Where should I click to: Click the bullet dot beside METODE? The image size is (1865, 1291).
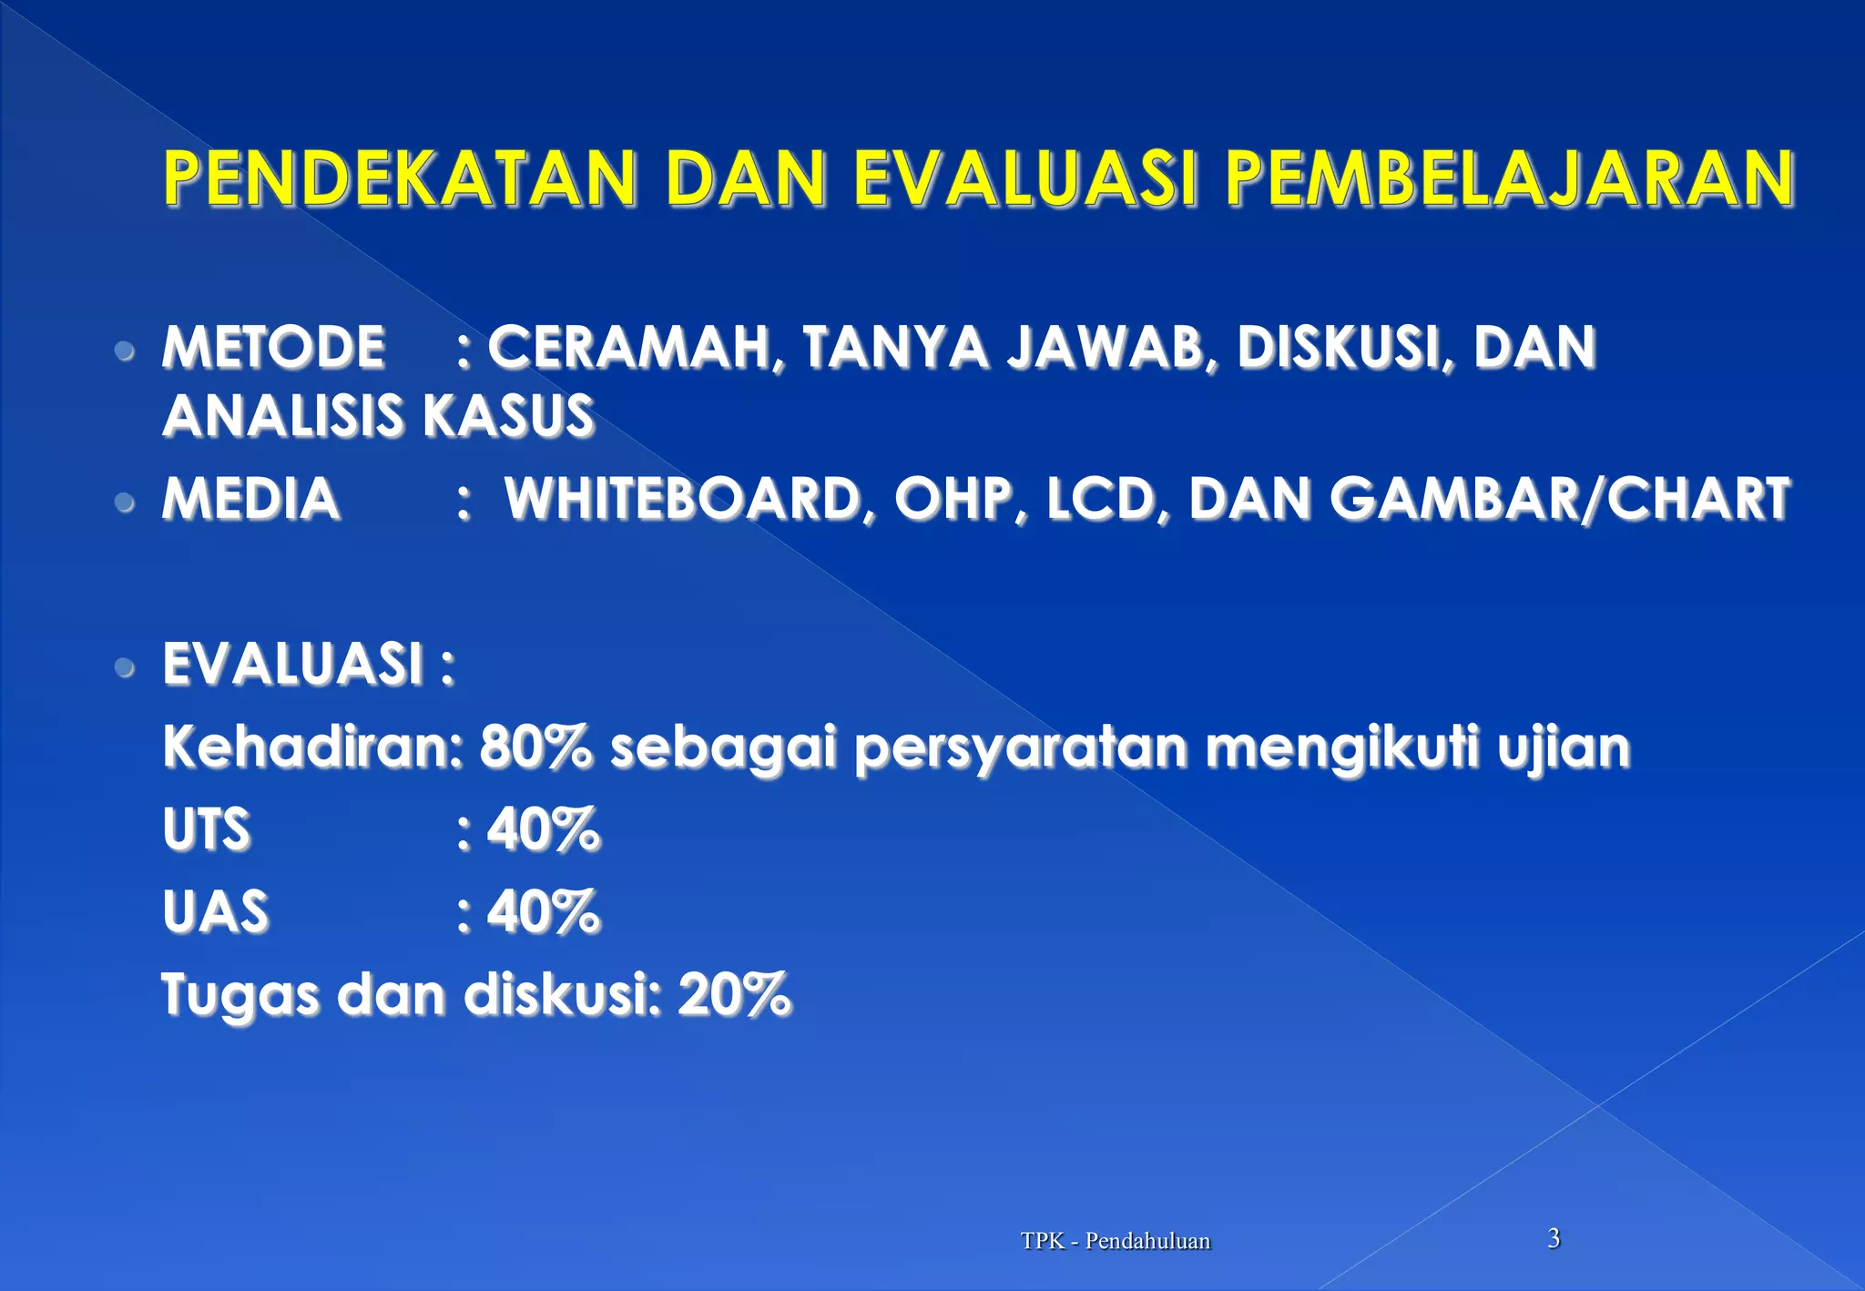[x=126, y=351]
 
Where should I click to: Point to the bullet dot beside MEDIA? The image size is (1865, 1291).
[x=126, y=502]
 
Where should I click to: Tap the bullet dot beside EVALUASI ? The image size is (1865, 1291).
[x=126, y=667]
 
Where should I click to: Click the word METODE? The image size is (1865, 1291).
[x=273, y=348]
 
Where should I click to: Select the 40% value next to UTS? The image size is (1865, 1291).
[x=544, y=829]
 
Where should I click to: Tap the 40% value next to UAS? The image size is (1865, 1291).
[x=544, y=911]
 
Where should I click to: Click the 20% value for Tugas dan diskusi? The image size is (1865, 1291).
[x=734, y=993]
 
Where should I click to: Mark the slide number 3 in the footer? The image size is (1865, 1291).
[x=1554, y=1238]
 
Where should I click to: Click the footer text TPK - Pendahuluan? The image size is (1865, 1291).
[x=1116, y=1241]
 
